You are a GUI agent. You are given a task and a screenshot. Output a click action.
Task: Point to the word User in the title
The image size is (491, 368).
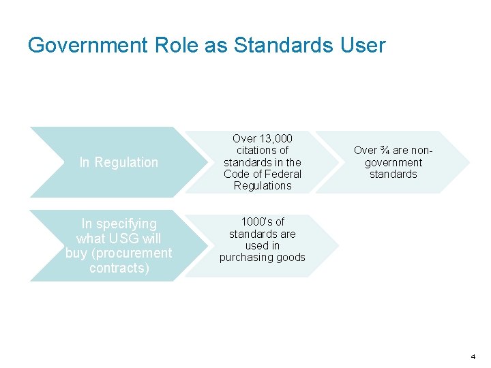366,46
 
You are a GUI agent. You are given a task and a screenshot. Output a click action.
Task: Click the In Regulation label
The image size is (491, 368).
119,162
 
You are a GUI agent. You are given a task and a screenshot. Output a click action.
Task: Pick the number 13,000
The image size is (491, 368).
276,138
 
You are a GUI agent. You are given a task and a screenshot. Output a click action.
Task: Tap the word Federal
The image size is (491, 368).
283,174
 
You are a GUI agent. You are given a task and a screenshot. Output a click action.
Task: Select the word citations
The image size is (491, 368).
263,150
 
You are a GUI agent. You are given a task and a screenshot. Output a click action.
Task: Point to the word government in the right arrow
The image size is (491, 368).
393,162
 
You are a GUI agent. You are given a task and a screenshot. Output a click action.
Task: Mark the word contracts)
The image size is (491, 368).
119,268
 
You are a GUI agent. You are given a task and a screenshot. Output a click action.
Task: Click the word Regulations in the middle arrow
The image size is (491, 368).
263,185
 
